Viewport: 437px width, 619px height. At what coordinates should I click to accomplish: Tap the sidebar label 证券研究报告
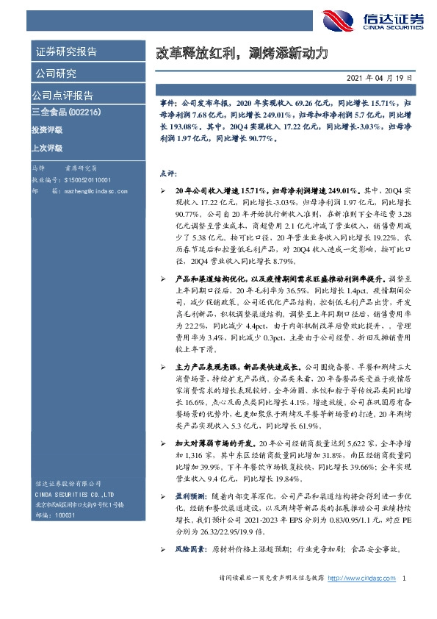click(66, 51)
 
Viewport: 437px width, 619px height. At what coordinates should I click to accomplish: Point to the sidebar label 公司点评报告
click(62, 96)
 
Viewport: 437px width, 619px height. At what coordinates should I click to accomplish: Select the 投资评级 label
click(47, 129)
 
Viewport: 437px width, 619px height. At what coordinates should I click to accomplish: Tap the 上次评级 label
click(47, 148)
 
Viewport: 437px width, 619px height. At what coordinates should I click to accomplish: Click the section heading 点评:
click(168, 173)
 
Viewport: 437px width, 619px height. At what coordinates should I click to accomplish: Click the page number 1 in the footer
click(404, 599)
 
